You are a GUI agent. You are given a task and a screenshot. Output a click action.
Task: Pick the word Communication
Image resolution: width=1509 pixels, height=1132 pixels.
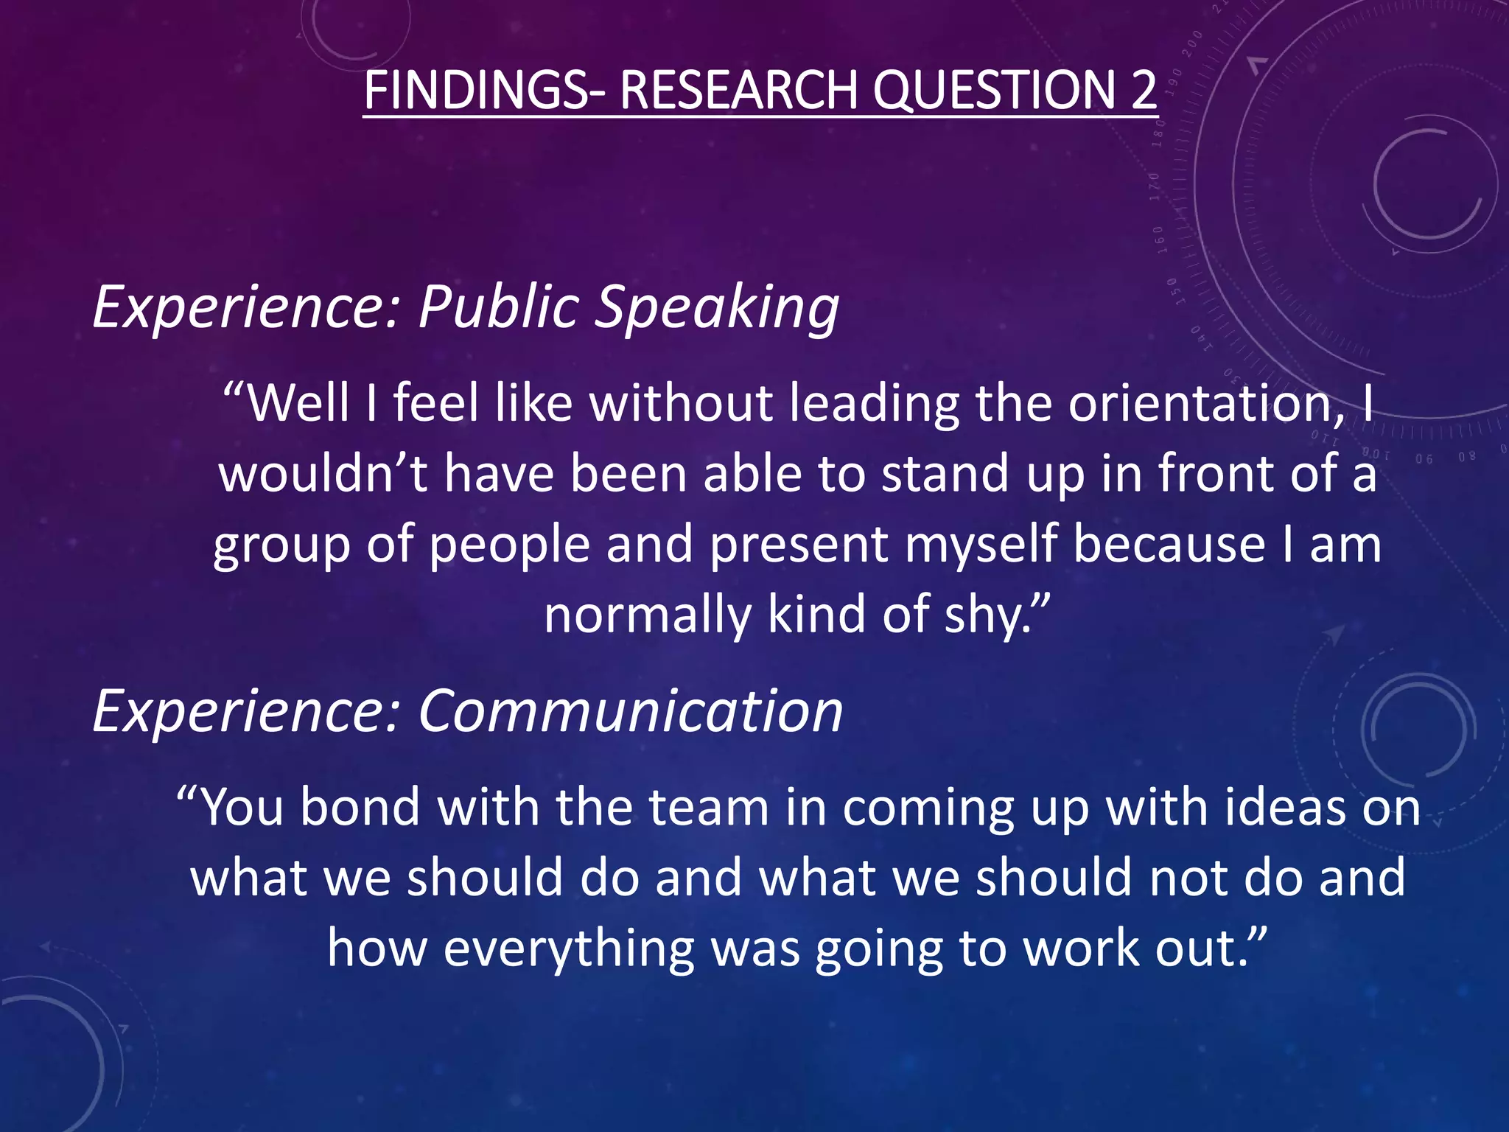(x=631, y=711)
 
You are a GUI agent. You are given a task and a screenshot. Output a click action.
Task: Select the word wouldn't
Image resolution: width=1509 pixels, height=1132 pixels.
(x=323, y=473)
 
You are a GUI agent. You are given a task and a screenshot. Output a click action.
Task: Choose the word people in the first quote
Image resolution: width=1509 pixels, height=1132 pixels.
(x=509, y=545)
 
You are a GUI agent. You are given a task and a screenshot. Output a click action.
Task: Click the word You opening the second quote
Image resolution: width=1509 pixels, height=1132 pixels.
(x=242, y=807)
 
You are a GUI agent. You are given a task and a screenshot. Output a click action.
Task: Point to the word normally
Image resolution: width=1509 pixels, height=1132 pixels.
(x=648, y=615)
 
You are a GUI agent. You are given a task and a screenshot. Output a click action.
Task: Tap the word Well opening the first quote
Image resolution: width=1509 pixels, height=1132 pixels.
(x=298, y=403)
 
